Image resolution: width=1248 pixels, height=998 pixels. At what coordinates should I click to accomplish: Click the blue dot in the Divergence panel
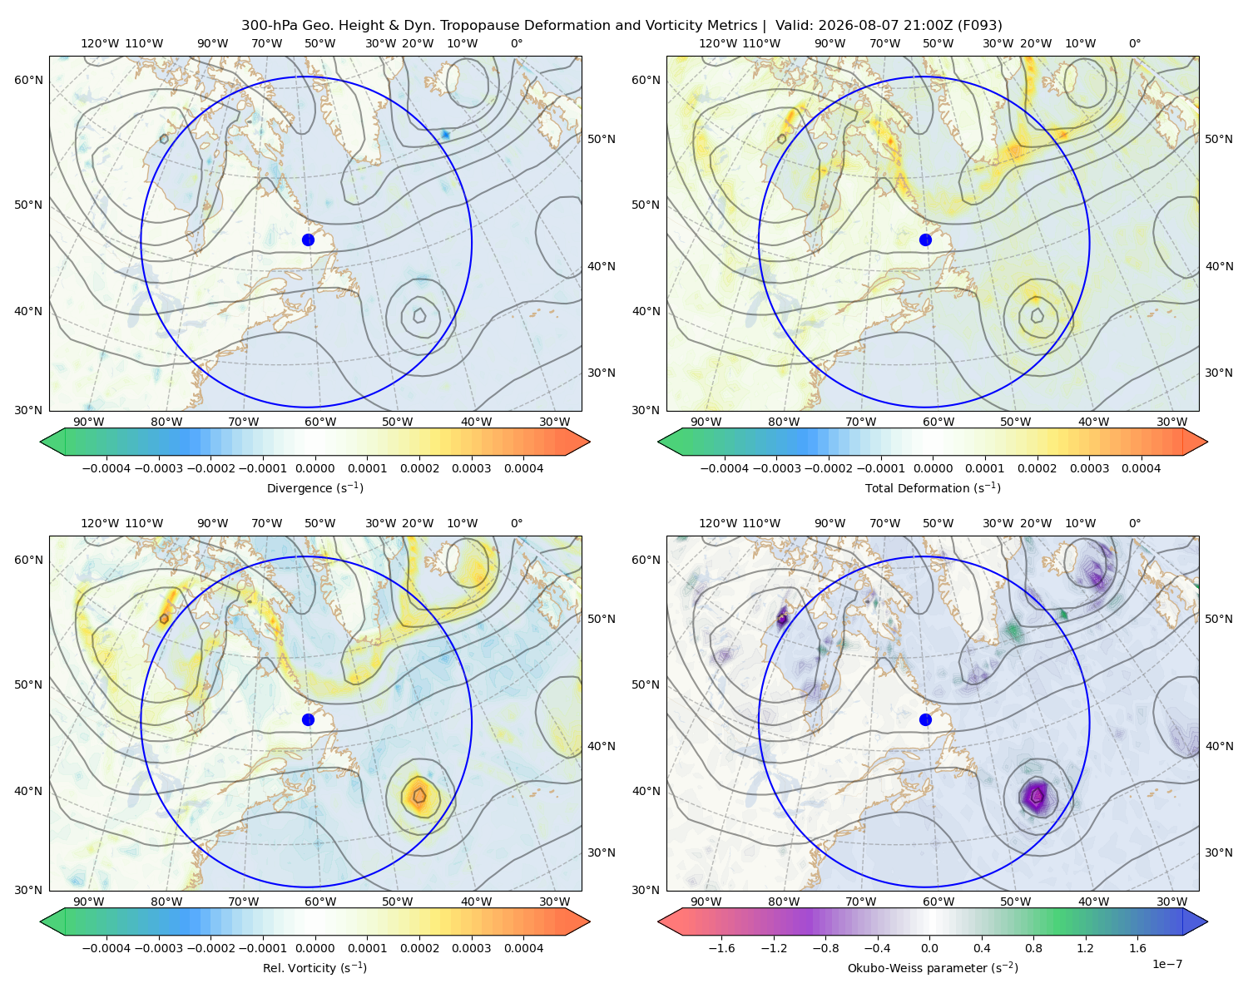pyautogui.click(x=308, y=240)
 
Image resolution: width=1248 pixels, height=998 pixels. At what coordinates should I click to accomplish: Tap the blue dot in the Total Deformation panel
pyautogui.click(x=925, y=240)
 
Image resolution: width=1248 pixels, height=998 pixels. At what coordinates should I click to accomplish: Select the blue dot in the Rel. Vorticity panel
pyautogui.click(x=308, y=719)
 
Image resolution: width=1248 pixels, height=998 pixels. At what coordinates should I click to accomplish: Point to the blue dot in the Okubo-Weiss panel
pyautogui.click(x=925, y=719)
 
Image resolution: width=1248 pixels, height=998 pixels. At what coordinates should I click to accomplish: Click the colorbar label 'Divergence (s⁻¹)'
pyautogui.click(x=314, y=487)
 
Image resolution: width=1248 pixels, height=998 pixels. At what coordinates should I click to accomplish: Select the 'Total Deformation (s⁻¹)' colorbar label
pyautogui.click(x=933, y=487)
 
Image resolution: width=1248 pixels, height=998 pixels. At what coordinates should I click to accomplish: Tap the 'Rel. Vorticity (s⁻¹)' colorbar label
pyautogui.click(x=314, y=968)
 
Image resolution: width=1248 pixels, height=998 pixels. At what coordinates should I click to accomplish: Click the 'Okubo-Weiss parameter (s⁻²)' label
pyautogui.click(x=933, y=968)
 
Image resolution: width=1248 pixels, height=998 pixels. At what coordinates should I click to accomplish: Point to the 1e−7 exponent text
pyautogui.click(x=1166, y=964)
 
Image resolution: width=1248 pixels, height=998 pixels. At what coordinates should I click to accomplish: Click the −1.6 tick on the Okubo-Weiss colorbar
pyautogui.click(x=721, y=948)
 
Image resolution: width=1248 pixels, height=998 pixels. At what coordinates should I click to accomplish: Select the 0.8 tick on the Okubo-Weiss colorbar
pyautogui.click(x=1033, y=948)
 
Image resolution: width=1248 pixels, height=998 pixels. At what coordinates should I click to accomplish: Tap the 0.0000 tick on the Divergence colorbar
pyautogui.click(x=314, y=468)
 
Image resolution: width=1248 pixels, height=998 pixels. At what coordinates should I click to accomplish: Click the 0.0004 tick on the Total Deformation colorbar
pyautogui.click(x=1142, y=468)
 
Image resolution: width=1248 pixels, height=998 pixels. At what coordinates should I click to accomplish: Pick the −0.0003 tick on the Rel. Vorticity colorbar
pyautogui.click(x=158, y=948)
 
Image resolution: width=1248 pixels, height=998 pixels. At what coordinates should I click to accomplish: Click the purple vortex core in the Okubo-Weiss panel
pyautogui.click(x=1037, y=795)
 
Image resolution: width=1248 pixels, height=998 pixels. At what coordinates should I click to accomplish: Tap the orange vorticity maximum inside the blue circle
pyautogui.click(x=418, y=795)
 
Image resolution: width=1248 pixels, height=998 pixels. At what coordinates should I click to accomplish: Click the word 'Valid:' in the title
pyautogui.click(x=794, y=26)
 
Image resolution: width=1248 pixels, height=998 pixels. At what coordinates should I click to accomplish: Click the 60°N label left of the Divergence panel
pyautogui.click(x=28, y=80)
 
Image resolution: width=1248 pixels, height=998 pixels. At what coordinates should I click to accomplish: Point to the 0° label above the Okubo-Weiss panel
pyautogui.click(x=1134, y=523)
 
